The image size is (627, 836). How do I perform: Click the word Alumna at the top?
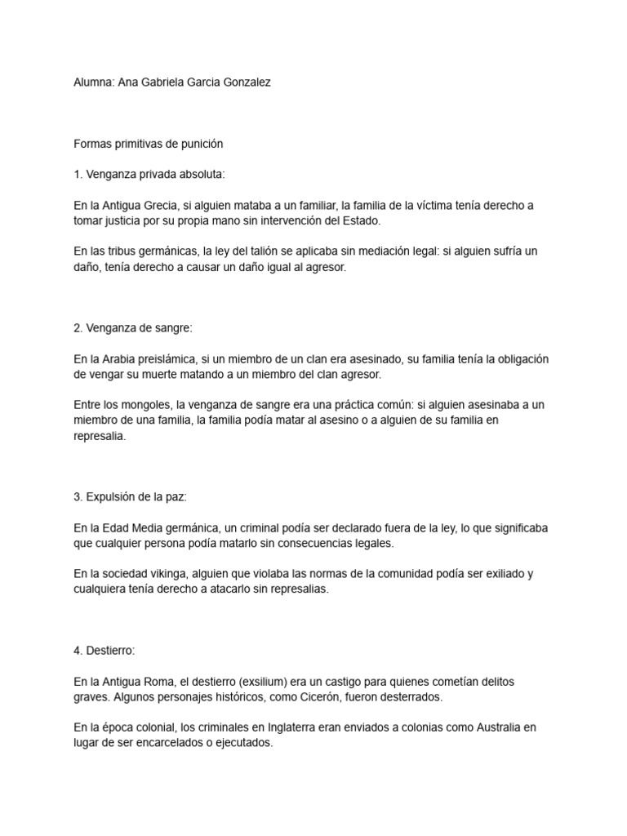click(x=93, y=82)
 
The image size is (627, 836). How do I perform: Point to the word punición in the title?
click(x=199, y=144)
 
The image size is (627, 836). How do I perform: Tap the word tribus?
click(x=129, y=251)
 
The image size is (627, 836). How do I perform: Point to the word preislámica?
click(x=170, y=359)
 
